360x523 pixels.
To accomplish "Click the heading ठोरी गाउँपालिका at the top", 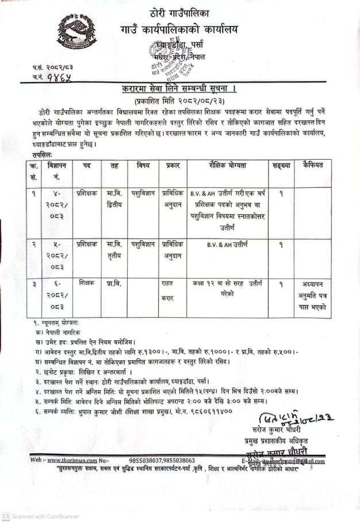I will (x=179, y=12).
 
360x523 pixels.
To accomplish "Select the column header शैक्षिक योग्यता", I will (x=228, y=166).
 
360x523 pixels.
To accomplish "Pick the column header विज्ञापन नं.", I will (x=58, y=171).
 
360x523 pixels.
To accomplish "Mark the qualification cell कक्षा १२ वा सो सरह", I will (x=228, y=289).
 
